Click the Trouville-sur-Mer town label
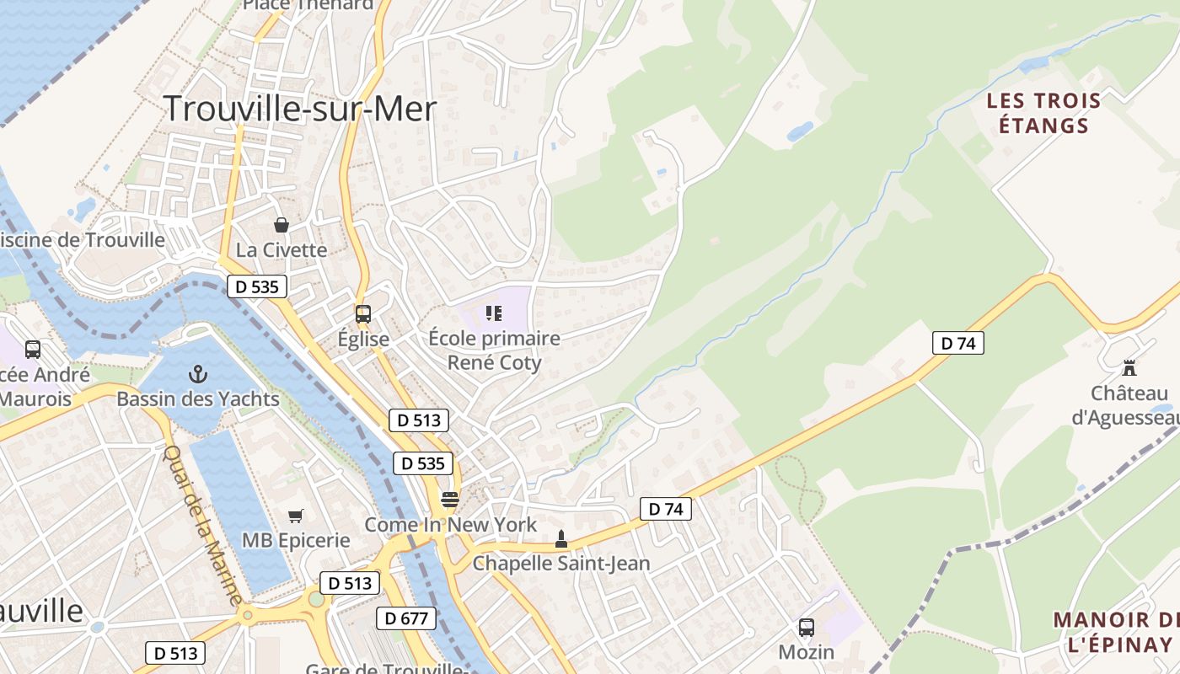coord(299,109)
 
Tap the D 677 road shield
coord(405,618)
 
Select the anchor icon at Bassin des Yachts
coord(198,373)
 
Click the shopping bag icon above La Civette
coord(282,225)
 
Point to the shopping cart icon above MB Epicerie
coord(295,516)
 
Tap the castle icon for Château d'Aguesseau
coord(1129,368)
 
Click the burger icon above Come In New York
coord(450,500)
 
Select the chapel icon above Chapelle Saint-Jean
coord(561,538)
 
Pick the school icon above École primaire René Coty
coord(494,313)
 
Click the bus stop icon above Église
coord(363,314)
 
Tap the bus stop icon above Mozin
coord(807,627)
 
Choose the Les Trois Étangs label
coord(1043,113)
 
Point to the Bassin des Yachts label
coord(198,399)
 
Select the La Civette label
coord(282,250)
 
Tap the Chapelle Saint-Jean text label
coord(561,563)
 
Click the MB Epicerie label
coord(296,540)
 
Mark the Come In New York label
coord(450,525)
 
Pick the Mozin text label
coord(807,652)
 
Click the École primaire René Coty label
coord(494,350)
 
